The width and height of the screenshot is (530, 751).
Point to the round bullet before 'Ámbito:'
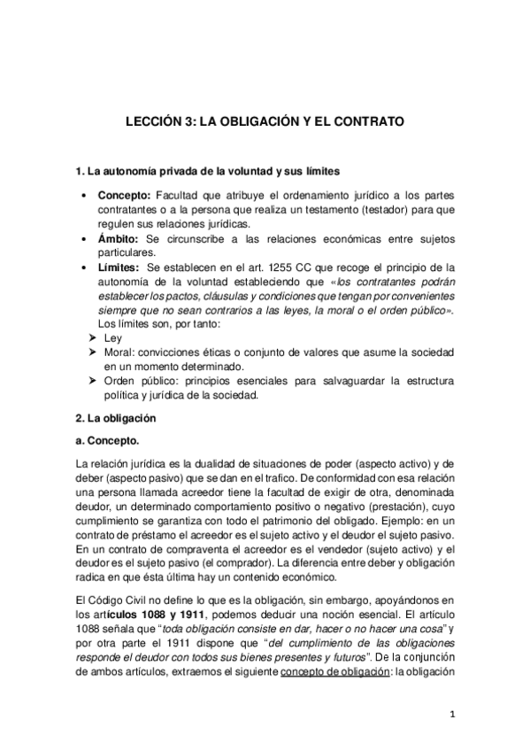(x=82, y=239)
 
